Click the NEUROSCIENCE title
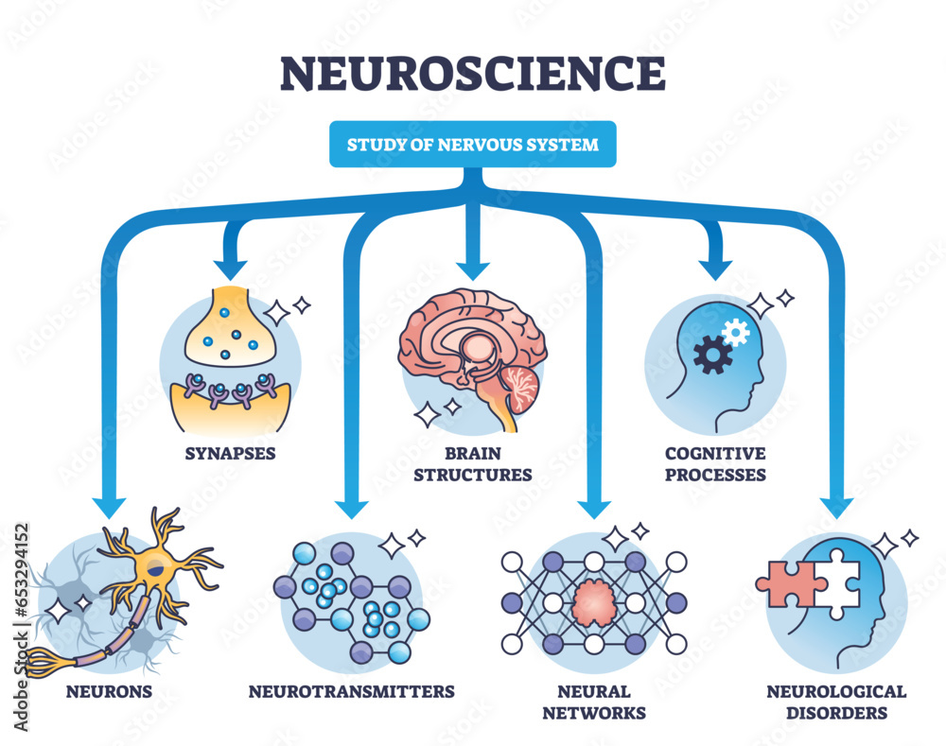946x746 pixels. pos(472,73)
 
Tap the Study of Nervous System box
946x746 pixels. pos(472,145)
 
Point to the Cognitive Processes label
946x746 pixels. pos(715,463)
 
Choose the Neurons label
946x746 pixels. pos(109,691)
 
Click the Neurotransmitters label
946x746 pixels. pos(352,691)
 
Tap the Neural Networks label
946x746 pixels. pos(594,702)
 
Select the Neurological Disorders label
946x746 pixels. pos(836,702)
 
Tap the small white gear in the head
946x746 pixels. pos(735,331)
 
